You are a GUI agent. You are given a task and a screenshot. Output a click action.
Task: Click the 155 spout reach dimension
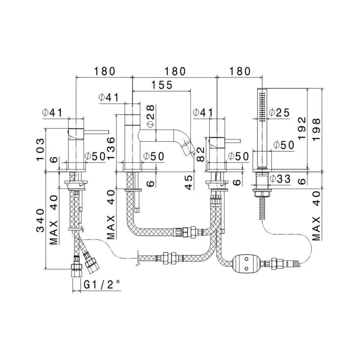pyautogui.click(x=162, y=85)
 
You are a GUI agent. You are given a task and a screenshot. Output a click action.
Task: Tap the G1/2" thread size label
pyautogui.click(x=102, y=285)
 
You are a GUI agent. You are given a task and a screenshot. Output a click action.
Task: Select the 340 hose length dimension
pyautogui.click(x=40, y=220)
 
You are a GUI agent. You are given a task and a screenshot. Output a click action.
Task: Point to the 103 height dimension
pyautogui.click(x=40, y=150)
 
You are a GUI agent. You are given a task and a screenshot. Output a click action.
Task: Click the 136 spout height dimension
pyautogui.click(x=111, y=148)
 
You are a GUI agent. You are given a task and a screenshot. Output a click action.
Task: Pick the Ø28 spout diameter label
pyautogui.click(x=151, y=116)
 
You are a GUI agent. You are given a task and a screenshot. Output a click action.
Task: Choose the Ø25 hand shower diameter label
pyautogui.click(x=279, y=113)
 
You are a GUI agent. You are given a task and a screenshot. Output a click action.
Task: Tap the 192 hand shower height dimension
pyautogui.click(x=302, y=128)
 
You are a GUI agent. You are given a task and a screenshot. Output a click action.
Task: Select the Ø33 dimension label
pyautogui.click(x=280, y=179)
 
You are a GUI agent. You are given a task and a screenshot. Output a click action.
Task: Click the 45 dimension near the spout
pyautogui.click(x=189, y=182)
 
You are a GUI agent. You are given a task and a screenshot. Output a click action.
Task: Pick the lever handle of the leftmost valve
pyautogui.click(x=96, y=132)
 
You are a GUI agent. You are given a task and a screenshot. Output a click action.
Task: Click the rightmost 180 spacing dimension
pyautogui.click(x=240, y=72)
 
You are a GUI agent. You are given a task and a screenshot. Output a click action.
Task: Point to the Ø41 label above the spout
pyautogui.click(x=109, y=97)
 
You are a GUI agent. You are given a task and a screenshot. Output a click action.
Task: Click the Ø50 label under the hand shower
pyautogui.click(x=284, y=145)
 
